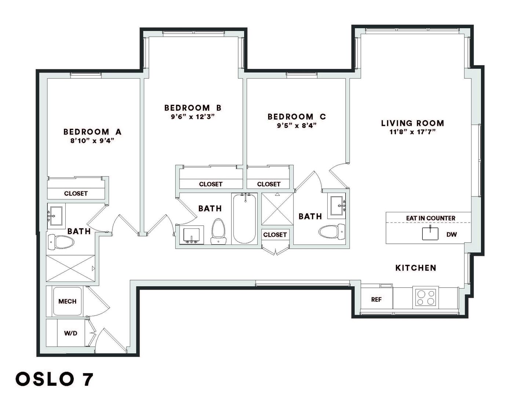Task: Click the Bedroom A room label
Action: click(92, 132)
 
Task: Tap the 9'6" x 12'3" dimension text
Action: click(193, 117)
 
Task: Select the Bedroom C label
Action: click(296, 117)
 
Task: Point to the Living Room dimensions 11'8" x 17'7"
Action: click(412, 132)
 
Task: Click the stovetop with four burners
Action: click(425, 297)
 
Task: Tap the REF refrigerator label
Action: click(376, 300)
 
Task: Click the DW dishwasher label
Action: click(452, 234)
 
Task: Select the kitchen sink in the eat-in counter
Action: click(430, 234)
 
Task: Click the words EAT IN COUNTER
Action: click(430, 218)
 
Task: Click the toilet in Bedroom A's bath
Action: click(61, 242)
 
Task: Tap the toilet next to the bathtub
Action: click(218, 231)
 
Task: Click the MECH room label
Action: click(68, 301)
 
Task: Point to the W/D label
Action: click(70, 333)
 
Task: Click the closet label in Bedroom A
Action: click(76, 193)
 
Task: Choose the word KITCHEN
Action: click(416, 268)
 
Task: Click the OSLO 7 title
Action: click(54, 379)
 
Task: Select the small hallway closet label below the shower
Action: click(275, 235)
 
